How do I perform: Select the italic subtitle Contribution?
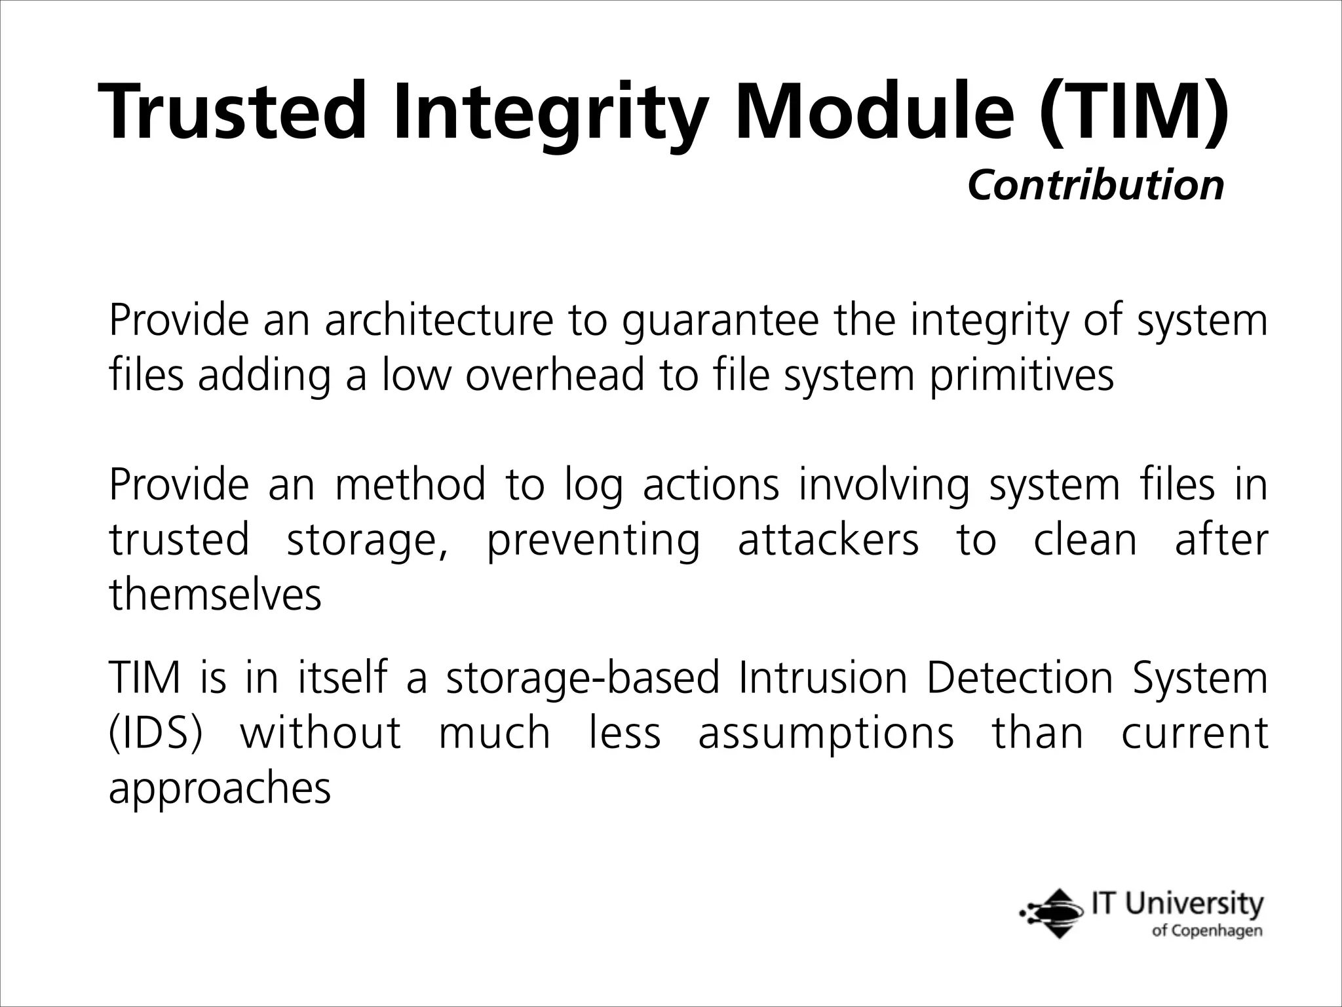(x=1096, y=186)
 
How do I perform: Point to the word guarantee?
(x=720, y=322)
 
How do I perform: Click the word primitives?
(x=1022, y=377)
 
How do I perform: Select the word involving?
(x=883, y=486)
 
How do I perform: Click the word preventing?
(x=594, y=542)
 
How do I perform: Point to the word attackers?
(x=829, y=540)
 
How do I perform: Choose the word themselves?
(x=215, y=595)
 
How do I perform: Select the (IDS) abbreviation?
(x=156, y=733)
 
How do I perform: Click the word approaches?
(x=220, y=789)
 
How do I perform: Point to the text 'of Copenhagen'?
(x=1206, y=931)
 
